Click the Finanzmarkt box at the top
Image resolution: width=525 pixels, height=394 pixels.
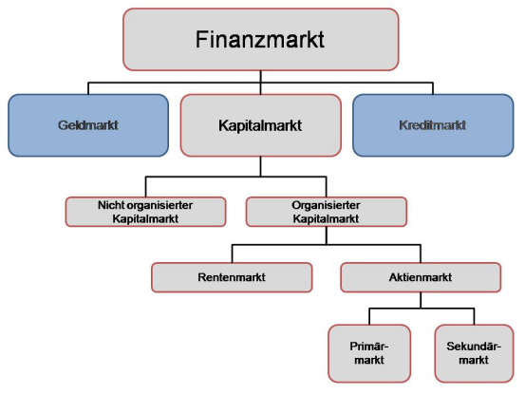click(261, 39)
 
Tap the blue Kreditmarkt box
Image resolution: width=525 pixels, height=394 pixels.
click(433, 123)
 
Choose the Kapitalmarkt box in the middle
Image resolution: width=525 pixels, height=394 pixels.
click(260, 123)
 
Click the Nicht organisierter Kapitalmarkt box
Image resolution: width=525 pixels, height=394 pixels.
click(146, 211)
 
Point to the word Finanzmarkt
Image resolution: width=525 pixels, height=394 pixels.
click(261, 39)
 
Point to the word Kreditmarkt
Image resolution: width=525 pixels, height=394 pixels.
click(433, 123)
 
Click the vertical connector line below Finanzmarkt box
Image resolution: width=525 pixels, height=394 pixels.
click(261, 77)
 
